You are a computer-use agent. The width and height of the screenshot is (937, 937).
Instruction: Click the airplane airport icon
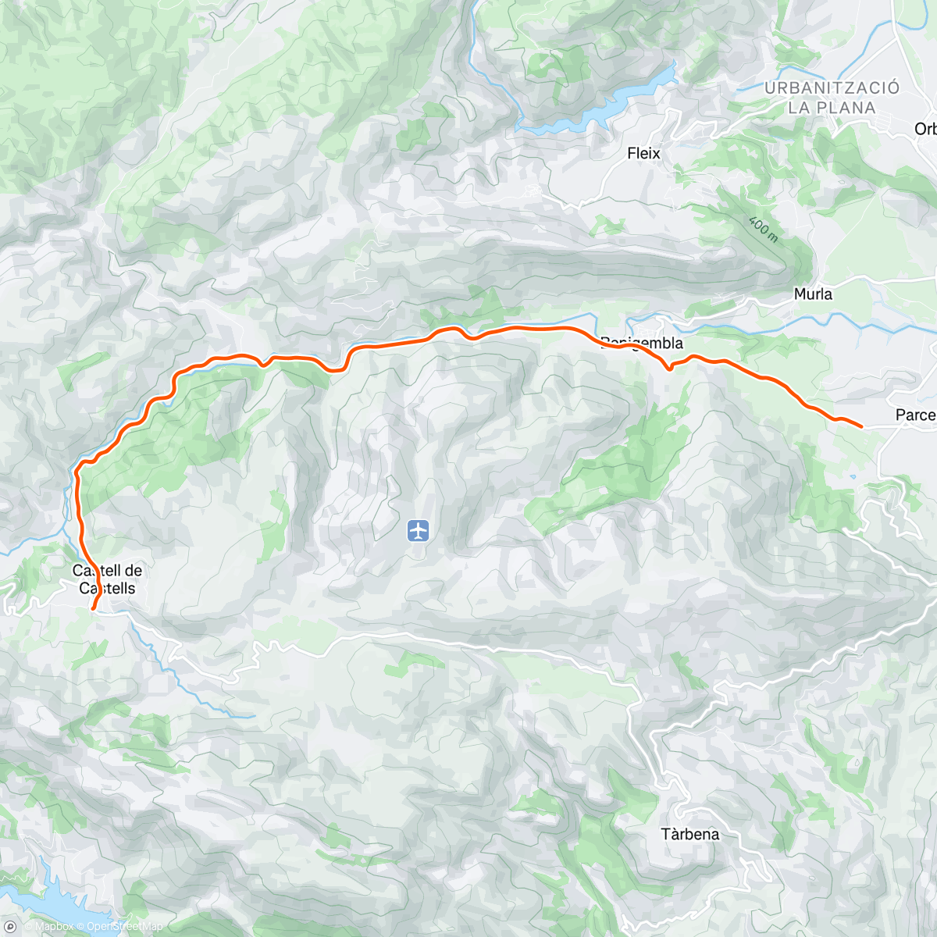419,532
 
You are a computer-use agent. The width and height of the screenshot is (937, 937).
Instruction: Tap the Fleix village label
643,154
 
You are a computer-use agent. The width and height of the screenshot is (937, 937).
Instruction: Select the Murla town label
813,294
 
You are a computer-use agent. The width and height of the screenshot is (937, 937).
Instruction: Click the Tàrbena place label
690,834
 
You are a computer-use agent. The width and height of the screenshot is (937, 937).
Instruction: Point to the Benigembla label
642,343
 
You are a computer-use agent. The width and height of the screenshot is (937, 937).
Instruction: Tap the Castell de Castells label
108,579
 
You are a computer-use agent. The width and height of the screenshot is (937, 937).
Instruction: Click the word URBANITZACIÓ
832,88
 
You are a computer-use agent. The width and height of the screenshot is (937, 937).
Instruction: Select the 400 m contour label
763,229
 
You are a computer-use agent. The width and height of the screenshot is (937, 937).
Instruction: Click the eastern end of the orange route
860,426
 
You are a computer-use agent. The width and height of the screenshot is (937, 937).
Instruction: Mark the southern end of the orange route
93,607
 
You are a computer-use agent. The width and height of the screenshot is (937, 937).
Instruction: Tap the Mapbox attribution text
54,927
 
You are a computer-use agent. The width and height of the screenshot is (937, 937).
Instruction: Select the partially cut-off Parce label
915,415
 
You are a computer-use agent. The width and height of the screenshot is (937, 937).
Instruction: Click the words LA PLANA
832,109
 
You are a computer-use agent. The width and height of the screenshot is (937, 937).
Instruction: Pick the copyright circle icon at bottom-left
10,927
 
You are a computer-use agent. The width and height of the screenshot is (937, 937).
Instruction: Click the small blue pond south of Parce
853,476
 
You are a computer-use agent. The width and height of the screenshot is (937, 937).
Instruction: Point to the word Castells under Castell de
108,589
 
